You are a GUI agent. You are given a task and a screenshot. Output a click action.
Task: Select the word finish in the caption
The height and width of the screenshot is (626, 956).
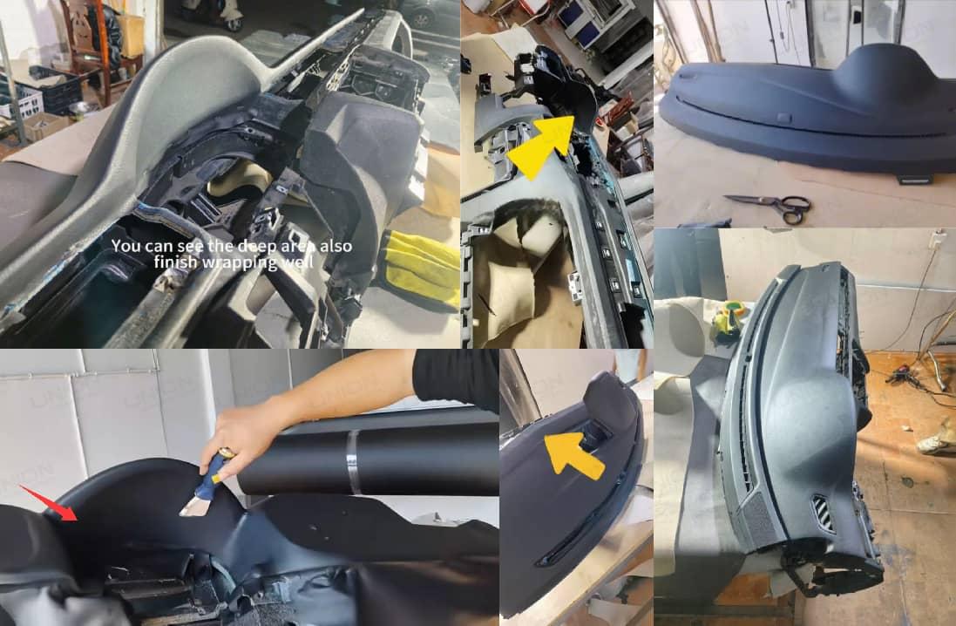tap(177, 262)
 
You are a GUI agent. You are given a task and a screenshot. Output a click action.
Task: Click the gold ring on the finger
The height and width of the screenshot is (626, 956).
tap(224, 452)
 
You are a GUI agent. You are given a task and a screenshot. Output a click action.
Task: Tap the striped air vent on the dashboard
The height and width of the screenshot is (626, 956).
tap(821, 514)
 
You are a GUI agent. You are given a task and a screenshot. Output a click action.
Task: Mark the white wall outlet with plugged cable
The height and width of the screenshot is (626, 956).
tap(937, 239)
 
